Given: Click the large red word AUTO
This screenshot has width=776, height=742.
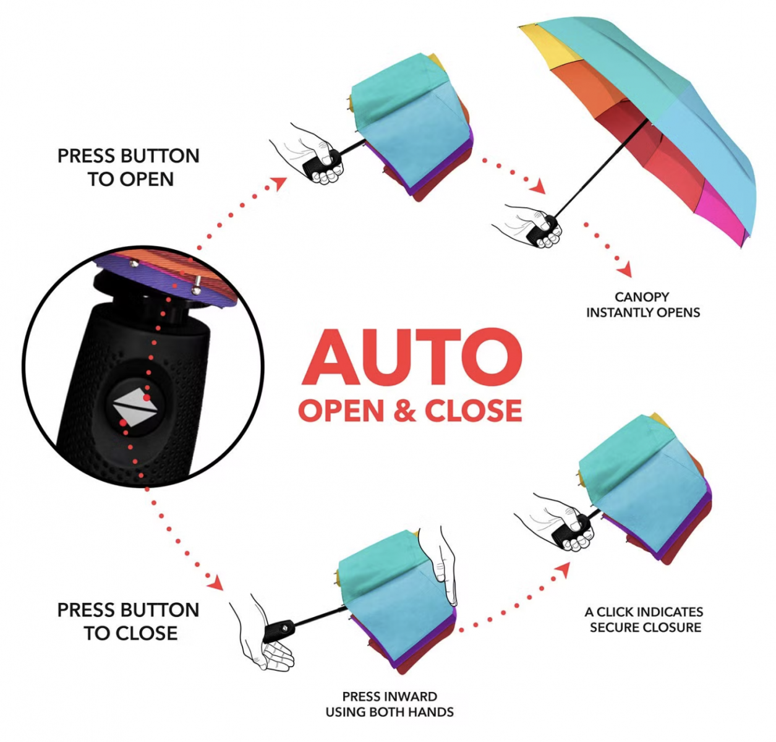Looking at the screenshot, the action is click(411, 357).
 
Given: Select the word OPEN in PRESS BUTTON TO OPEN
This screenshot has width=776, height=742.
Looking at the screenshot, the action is click(147, 179).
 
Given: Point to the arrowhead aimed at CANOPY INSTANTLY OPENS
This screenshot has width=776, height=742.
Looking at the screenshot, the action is click(625, 269).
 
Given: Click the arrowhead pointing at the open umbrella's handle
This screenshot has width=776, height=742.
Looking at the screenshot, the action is click(539, 186).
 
